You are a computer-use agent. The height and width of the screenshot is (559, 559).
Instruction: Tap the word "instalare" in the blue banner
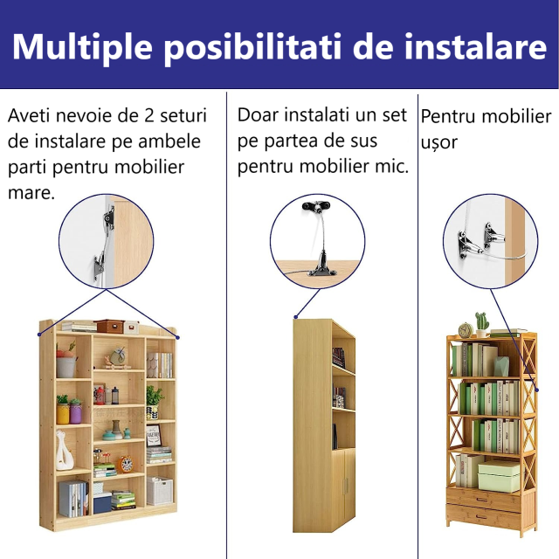(475, 46)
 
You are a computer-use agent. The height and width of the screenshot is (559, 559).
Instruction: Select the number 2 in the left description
(149, 115)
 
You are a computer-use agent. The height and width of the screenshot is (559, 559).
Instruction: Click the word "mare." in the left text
(31, 193)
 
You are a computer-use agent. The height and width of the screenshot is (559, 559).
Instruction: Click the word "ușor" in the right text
(438, 143)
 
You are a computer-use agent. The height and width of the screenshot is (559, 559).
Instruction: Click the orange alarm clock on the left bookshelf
(125, 464)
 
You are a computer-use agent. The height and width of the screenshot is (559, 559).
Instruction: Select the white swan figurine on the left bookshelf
(64, 451)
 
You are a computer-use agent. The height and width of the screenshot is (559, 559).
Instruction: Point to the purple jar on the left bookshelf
(75, 411)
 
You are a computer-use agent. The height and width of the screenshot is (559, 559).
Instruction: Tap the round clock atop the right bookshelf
(465, 330)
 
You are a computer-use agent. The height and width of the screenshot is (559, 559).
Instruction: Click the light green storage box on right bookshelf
(498, 476)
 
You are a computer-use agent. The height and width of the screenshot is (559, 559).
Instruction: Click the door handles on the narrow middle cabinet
(345, 487)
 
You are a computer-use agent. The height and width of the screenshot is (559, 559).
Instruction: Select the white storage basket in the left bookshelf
(159, 491)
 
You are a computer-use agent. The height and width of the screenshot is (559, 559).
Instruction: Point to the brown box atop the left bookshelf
(109, 326)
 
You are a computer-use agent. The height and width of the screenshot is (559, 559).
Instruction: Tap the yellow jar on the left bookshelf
(63, 413)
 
